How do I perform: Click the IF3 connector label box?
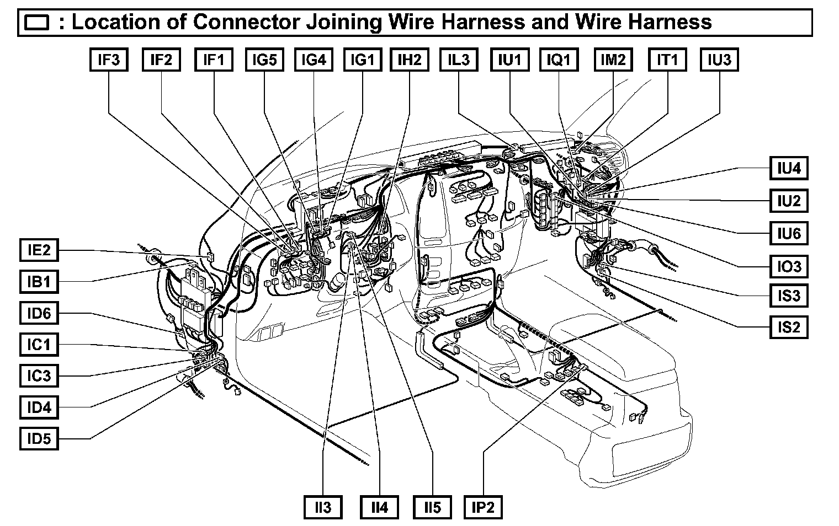click(x=109, y=60)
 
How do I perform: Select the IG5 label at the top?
click(x=264, y=60)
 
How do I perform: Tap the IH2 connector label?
click(x=409, y=60)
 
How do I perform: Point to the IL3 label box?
click(x=459, y=60)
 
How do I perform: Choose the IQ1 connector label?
click(x=559, y=60)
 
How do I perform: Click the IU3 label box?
click(x=719, y=60)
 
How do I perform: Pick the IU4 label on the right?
click(x=789, y=169)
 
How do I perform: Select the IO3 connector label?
click(x=789, y=266)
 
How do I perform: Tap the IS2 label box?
click(x=789, y=327)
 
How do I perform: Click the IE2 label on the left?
click(x=39, y=250)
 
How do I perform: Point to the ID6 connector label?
click(x=39, y=314)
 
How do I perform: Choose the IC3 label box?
click(x=39, y=376)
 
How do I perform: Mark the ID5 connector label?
click(x=39, y=439)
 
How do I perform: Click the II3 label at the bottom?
click(x=323, y=507)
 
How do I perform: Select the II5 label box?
click(x=433, y=507)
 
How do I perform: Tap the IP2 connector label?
click(x=483, y=507)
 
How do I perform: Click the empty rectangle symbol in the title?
click(x=37, y=23)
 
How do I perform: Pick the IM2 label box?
click(x=613, y=60)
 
